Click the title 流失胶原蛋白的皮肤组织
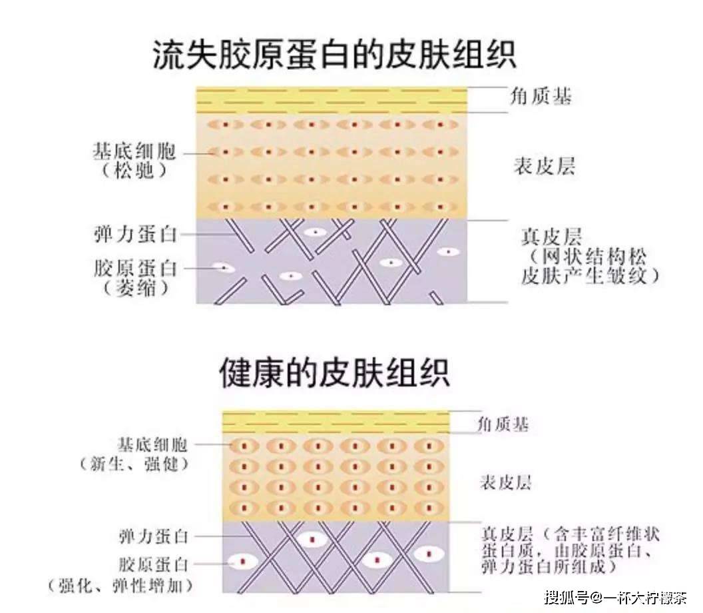pyautogui.click(x=334, y=55)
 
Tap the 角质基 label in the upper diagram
pyautogui.click(x=541, y=96)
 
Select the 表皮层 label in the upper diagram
pyautogui.click(x=544, y=166)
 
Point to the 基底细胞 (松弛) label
pyautogui.click(x=134, y=161)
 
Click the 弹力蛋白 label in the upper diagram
pyautogui.click(x=135, y=235)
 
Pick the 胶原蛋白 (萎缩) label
pyautogui.click(x=136, y=279)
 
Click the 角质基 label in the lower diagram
pyautogui.click(x=503, y=424)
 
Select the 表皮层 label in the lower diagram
pyautogui.click(x=505, y=482)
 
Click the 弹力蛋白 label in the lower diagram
pyautogui.click(x=154, y=536)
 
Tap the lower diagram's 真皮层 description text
pyautogui.click(x=570, y=550)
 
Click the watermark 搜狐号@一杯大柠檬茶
pyautogui.click(x=616, y=597)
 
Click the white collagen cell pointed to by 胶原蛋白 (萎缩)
pyautogui.click(x=223, y=268)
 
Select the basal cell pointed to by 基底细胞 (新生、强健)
pyautogui.click(x=244, y=446)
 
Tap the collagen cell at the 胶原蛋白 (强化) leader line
pyautogui.click(x=242, y=562)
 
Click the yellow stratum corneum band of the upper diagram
pyautogui.click(x=332, y=100)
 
